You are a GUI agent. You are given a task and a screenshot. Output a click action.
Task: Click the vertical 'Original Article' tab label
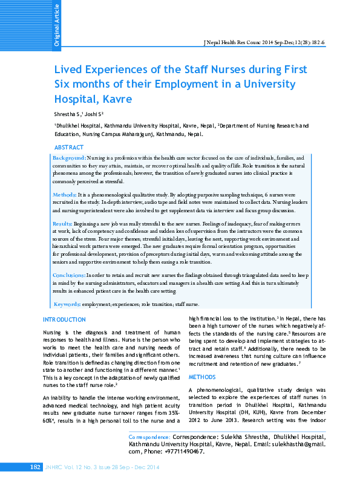point(57,25)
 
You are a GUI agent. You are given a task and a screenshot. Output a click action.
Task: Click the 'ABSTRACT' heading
point(69,148)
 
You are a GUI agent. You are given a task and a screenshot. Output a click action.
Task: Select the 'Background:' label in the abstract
point(69,157)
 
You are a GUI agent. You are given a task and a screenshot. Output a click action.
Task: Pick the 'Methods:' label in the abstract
point(64,195)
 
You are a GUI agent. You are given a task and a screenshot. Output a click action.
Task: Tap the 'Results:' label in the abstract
point(63,224)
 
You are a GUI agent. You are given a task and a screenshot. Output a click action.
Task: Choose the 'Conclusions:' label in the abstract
point(68,275)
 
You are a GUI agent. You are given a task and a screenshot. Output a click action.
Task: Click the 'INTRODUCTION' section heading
point(64,319)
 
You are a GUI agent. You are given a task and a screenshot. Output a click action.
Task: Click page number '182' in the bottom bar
point(36,484)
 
